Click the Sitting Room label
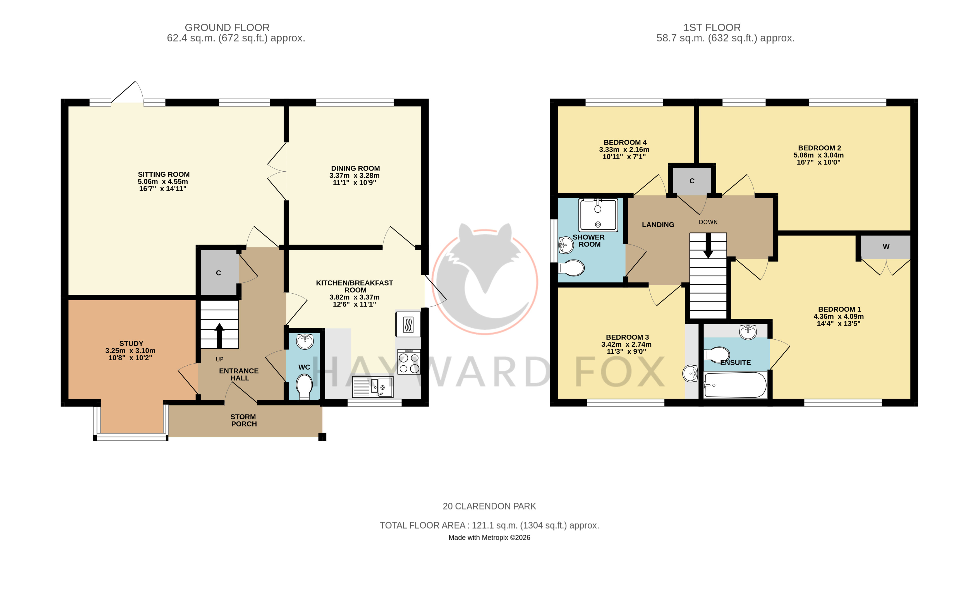tap(164, 174)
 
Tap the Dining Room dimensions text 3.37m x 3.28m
tap(355, 176)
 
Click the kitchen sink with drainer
tap(373, 387)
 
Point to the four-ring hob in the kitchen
tap(409, 362)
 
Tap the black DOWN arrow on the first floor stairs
tap(708, 246)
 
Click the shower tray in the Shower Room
tap(598, 215)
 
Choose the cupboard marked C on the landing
tap(692, 181)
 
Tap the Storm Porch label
tap(244, 420)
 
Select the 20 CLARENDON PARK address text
tap(490, 506)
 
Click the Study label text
tap(131, 344)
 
